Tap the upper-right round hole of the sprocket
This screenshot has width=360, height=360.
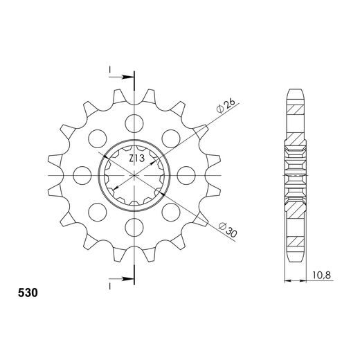tap(168, 138)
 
